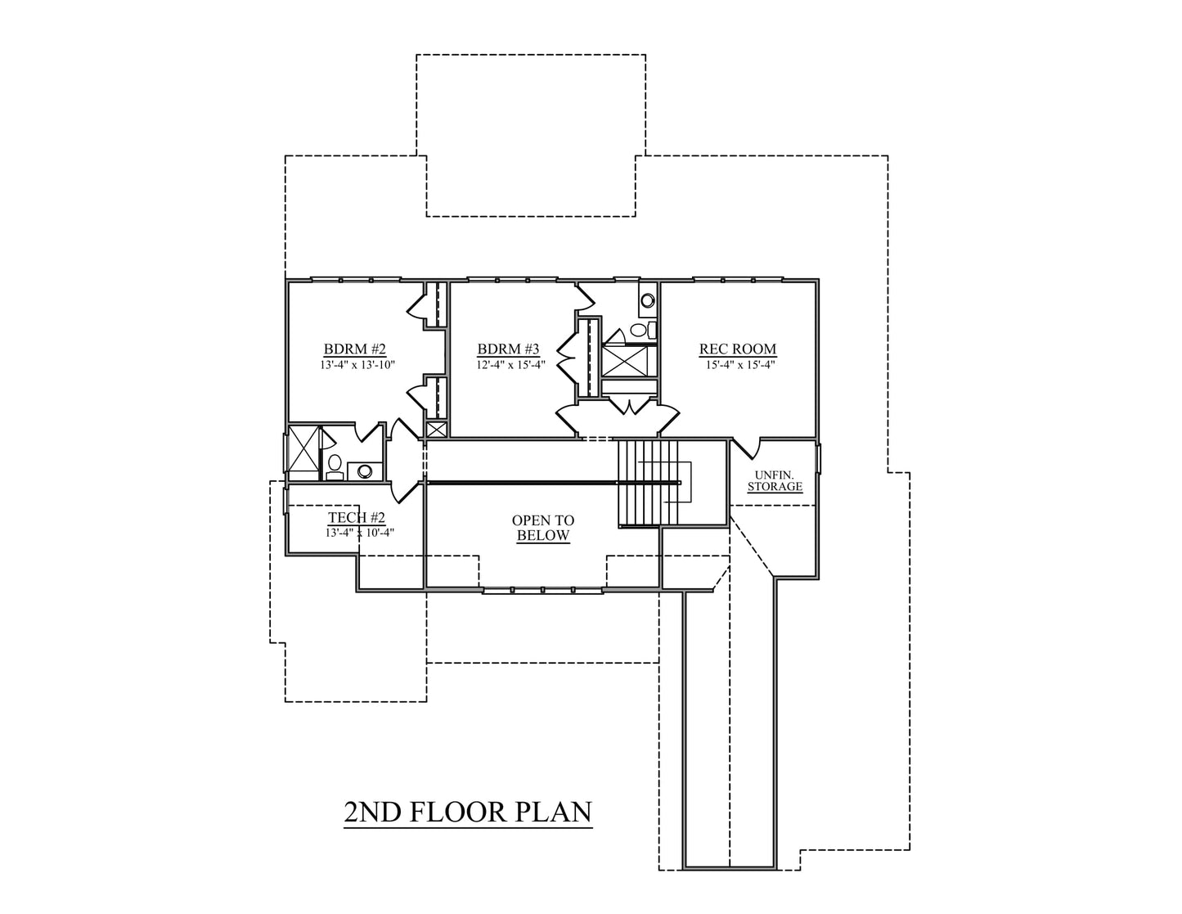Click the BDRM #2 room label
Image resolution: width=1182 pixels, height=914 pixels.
point(355,349)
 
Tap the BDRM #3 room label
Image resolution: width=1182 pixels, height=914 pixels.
point(508,349)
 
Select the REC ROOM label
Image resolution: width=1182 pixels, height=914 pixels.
point(738,349)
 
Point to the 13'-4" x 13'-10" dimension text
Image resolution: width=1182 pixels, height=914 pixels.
point(357,364)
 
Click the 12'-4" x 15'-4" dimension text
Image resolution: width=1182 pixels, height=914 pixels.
point(510,364)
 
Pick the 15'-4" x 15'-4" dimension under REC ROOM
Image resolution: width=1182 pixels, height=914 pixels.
point(739,364)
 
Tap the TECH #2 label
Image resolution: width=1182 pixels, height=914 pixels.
point(357,517)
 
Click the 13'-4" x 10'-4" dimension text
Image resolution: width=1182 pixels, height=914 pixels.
point(360,533)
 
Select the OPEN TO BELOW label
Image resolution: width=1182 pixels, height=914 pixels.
point(543,528)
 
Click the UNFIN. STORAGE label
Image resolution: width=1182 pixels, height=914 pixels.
point(775,481)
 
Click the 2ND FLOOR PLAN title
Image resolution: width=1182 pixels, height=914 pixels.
point(468,813)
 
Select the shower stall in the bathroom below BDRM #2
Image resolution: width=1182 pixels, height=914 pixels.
point(303,452)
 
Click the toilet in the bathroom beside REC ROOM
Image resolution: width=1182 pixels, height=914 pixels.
point(642,330)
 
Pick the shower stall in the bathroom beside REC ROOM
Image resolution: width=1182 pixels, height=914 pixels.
point(625,361)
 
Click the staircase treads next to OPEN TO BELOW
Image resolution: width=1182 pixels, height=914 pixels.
point(649,483)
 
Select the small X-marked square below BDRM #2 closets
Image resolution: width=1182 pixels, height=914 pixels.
point(436,430)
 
